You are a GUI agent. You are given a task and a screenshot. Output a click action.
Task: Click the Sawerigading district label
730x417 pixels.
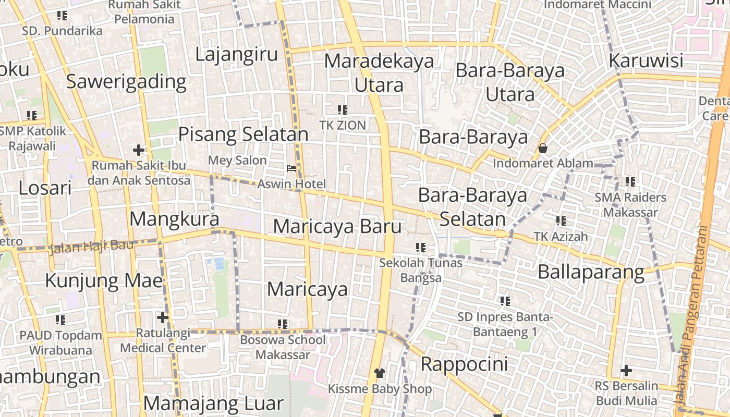click(x=126, y=82)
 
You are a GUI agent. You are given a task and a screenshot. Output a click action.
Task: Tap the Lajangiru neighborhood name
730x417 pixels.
click(x=237, y=54)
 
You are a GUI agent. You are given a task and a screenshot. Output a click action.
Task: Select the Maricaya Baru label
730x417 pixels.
click(x=337, y=227)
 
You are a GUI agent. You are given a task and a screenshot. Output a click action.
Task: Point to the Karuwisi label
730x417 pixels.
click(x=646, y=61)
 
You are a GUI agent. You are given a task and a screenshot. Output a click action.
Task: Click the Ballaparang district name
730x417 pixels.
click(x=591, y=272)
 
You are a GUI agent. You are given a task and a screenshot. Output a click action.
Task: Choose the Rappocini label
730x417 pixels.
click(x=464, y=364)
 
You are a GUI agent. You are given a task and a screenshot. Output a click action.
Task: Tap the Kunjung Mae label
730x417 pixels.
click(x=104, y=281)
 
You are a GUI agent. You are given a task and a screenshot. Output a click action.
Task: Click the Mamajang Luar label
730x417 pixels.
click(x=213, y=403)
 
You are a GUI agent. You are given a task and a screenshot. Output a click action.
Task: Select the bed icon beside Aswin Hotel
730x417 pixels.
click(x=291, y=168)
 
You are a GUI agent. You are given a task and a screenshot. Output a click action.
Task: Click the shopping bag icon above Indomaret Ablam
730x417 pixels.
click(x=543, y=149)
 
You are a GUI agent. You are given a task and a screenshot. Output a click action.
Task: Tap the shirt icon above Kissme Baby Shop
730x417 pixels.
click(x=379, y=373)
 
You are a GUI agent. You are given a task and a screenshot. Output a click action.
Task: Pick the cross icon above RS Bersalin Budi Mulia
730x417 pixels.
click(x=626, y=371)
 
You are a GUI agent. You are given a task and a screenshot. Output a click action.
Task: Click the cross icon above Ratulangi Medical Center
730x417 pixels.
click(x=163, y=317)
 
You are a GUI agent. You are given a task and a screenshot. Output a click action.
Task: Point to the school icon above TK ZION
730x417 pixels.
click(x=343, y=109)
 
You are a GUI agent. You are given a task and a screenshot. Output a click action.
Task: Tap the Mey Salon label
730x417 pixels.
click(x=237, y=160)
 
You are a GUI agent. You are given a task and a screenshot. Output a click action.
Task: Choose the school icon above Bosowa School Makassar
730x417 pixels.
click(x=283, y=324)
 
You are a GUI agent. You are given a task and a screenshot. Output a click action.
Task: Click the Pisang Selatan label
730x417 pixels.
click(x=244, y=134)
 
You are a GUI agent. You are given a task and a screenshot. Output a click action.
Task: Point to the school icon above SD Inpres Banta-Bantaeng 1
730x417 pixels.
click(x=505, y=301)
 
